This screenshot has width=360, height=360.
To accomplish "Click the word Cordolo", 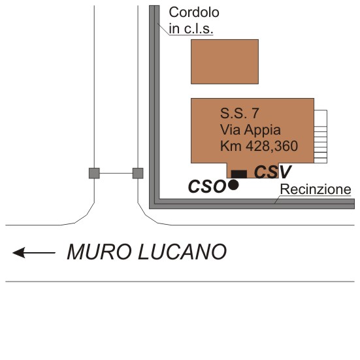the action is (194, 12).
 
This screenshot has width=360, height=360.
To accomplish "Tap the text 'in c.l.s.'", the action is (191, 29).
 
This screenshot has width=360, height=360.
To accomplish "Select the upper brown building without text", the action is (225, 61).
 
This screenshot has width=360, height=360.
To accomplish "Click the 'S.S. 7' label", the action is (240, 113).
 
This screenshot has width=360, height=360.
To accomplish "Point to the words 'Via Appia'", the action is (250, 130).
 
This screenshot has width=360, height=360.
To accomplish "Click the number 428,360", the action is (272, 146).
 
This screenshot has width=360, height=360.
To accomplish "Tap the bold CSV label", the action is (272, 172).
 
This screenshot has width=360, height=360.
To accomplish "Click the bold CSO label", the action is (206, 186).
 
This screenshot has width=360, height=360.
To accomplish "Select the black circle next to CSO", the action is (233, 185).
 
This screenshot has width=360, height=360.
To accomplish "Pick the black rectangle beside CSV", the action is (239, 174).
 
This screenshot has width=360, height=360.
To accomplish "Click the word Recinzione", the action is (316, 189).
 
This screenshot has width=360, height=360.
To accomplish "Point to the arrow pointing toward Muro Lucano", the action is (34, 253).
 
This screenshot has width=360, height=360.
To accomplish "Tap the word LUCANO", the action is (182, 252).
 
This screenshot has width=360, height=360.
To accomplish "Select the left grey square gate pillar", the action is (94, 173).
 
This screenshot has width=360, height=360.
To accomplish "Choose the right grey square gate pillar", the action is (138, 173).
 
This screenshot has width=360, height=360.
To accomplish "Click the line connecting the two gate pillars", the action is (116, 173).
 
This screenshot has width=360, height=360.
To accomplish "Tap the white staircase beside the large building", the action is (321, 137).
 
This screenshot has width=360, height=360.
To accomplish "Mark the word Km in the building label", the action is (231, 146).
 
